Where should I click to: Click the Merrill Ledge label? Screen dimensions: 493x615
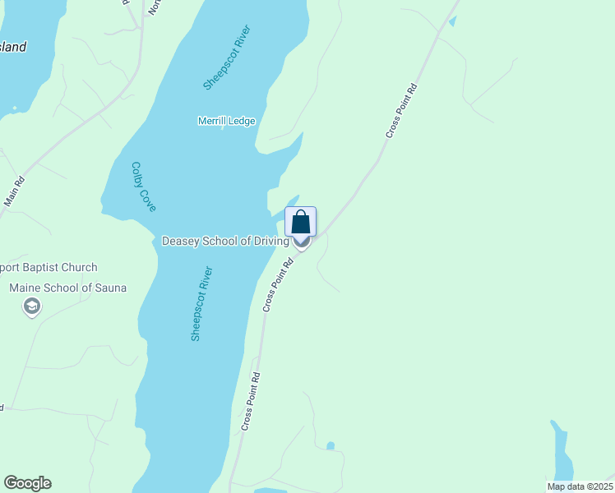tap(226, 121)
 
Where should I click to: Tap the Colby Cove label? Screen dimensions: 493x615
tap(143, 186)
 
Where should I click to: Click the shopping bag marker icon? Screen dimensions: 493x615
tap(301, 222)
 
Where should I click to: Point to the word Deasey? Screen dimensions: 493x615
tap(180, 241)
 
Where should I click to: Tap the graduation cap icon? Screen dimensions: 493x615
tap(32, 307)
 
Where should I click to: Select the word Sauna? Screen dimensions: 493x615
tap(109, 288)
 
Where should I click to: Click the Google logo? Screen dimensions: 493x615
tap(27, 483)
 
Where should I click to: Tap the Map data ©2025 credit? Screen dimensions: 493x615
tap(580, 486)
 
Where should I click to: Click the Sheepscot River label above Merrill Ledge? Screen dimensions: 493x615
tap(226, 58)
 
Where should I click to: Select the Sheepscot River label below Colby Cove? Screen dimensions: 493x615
tap(201, 303)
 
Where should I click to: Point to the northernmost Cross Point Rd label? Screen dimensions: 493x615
tap(401, 110)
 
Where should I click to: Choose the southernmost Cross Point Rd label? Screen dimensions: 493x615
tap(250, 402)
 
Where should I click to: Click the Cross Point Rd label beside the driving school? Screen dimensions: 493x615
tap(278, 285)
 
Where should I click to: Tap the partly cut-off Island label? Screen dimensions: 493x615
tap(12, 47)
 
